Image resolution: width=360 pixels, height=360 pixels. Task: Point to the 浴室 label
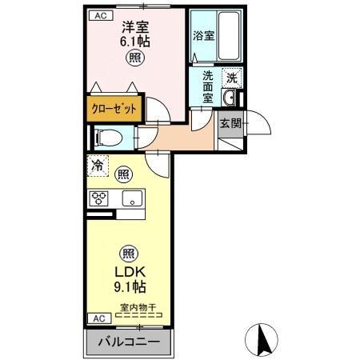point(203,36)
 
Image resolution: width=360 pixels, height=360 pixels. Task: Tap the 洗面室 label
point(207,86)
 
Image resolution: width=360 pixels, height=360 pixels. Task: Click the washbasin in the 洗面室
point(229,98)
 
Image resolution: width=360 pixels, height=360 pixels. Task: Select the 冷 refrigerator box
point(97,168)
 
